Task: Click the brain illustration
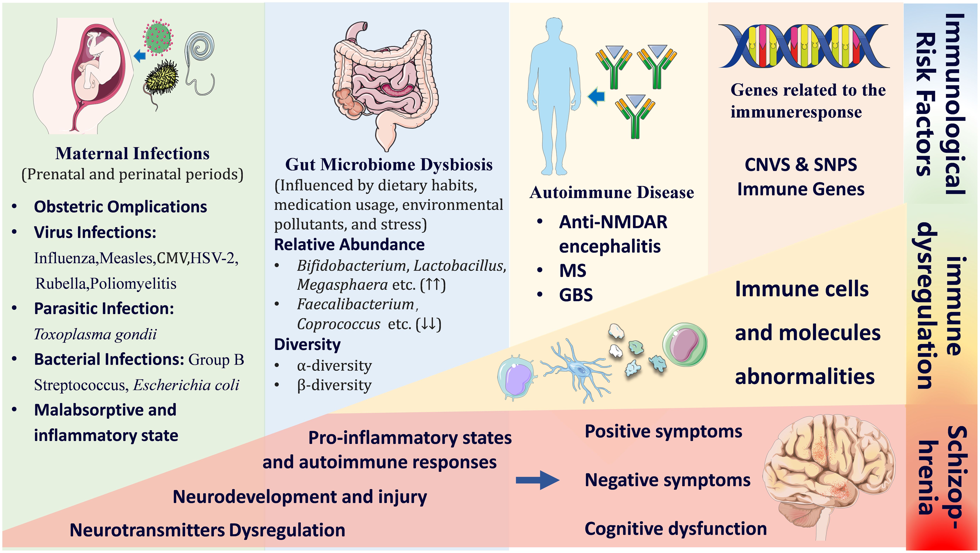[x=829, y=476]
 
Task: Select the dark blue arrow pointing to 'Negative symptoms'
[x=537, y=480]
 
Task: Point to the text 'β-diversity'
[x=334, y=385]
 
